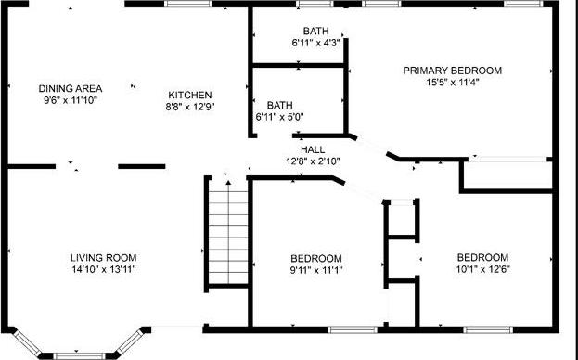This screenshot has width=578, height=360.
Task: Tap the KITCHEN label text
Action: [190, 95]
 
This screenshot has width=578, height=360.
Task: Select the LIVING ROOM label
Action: [104, 257]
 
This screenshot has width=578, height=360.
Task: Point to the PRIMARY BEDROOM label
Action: [452, 70]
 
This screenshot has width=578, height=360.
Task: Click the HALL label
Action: [312, 148]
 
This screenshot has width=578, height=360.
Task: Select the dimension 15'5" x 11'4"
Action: [452, 81]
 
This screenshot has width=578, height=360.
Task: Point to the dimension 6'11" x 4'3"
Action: [315, 42]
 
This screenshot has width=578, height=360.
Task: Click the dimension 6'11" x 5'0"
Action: [279, 117]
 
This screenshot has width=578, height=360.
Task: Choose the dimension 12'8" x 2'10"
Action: [314, 160]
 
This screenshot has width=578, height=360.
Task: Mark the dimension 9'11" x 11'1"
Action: [315, 269]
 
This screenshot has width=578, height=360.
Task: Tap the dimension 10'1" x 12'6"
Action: [482, 268]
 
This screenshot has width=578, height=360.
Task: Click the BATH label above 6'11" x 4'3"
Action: [315, 31]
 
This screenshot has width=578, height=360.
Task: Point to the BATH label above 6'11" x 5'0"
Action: [279, 105]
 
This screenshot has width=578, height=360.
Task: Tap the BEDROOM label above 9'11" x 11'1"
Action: [315, 258]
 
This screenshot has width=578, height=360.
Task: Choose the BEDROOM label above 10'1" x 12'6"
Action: [482, 257]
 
